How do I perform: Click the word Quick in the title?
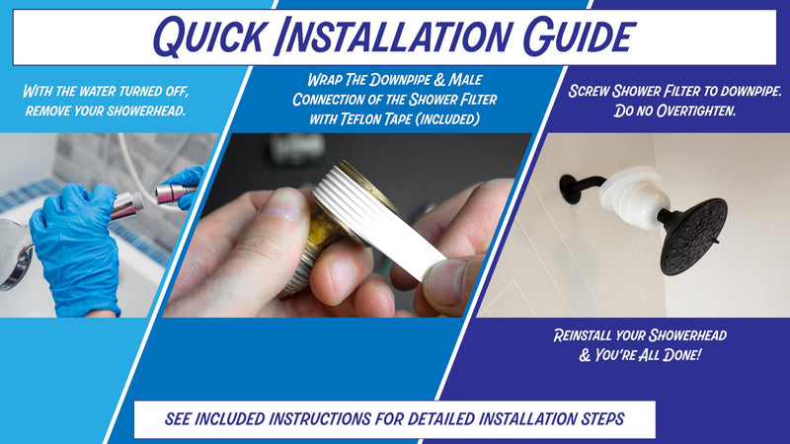[x=208, y=37]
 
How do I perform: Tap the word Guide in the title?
[x=579, y=36]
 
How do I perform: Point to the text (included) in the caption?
[x=448, y=119]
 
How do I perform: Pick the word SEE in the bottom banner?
[x=178, y=418]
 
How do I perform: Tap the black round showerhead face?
[x=693, y=237]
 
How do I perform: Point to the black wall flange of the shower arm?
[x=570, y=188]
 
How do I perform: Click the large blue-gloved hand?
[x=76, y=247]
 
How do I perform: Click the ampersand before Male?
[x=439, y=80]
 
